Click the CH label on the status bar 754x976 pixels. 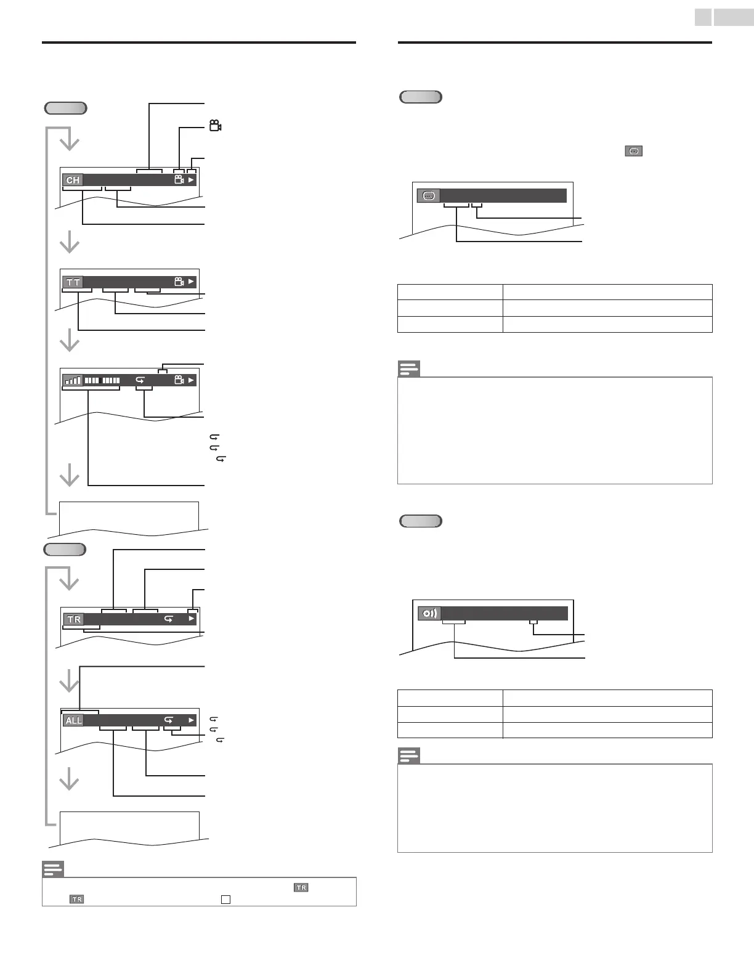[x=73, y=181]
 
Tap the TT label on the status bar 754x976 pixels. [x=73, y=282]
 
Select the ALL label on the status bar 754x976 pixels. [x=73, y=720]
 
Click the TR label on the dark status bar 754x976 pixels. [x=73, y=619]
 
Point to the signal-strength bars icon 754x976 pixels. [x=73, y=381]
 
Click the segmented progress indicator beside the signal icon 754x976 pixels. [x=102, y=381]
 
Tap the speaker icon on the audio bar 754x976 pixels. [x=430, y=614]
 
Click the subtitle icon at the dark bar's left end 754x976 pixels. [x=429, y=196]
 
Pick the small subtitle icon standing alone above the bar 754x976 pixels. [x=634, y=151]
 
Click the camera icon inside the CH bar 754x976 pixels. [x=179, y=180]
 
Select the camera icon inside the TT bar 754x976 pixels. [x=179, y=282]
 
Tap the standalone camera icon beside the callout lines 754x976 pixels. [x=215, y=126]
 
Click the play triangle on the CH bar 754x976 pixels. [x=192, y=180]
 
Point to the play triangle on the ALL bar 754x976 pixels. [x=192, y=720]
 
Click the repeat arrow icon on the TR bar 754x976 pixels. [x=168, y=619]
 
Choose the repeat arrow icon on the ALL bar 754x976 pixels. [x=168, y=720]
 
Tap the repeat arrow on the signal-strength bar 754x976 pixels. [x=140, y=381]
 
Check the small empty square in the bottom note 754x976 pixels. [x=226, y=900]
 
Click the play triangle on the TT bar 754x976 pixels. [x=192, y=282]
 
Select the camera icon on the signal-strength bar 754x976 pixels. [x=179, y=380]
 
